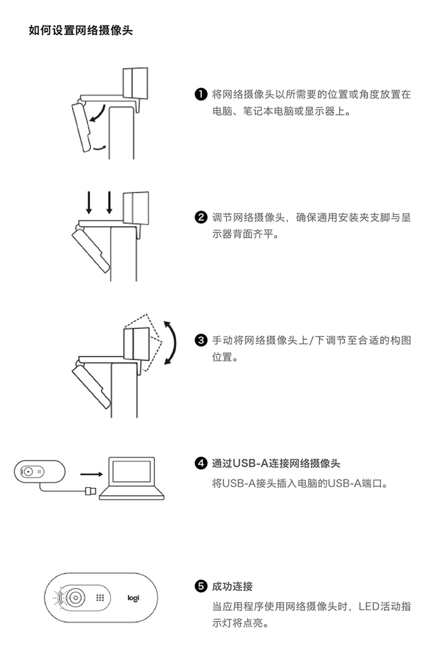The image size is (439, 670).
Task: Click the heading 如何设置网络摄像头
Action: click(x=81, y=30)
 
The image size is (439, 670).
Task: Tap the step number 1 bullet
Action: click(x=201, y=94)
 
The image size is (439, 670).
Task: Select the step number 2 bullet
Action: click(x=201, y=218)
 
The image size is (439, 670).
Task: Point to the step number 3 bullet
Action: click(x=201, y=341)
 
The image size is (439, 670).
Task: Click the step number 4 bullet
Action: click(x=201, y=463)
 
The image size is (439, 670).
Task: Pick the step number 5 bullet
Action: click(x=201, y=586)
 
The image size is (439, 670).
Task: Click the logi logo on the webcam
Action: click(x=133, y=598)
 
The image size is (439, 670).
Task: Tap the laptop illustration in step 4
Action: click(x=132, y=478)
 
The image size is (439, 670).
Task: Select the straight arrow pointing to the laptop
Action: click(x=91, y=475)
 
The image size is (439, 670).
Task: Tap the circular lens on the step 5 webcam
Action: click(x=76, y=597)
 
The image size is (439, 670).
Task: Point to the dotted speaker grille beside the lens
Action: click(x=100, y=597)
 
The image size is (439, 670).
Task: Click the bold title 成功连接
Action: click(x=232, y=586)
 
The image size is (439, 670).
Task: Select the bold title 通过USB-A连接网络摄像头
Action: click(x=276, y=463)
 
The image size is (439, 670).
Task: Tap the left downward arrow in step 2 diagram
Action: click(x=89, y=202)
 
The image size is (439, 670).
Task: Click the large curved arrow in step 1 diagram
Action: click(x=99, y=112)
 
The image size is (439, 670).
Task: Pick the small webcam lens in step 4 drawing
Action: click(x=28, y=472)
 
